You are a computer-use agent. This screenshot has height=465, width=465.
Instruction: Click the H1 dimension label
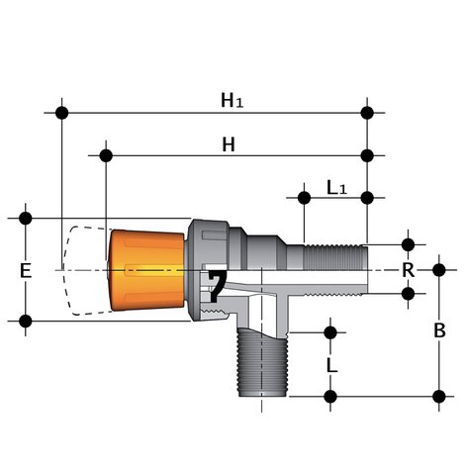pyautogui.click(x=232, y=100)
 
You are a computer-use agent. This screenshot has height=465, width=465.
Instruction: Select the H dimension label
pyautogui.click(x=229, y=144)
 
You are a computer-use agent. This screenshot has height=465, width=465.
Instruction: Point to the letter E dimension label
pyautogui.click(x=26, y=270)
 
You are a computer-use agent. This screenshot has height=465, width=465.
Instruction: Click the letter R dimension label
pyautogui.click(x=407, y=269)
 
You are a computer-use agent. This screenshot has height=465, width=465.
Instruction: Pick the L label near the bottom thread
pyautogui.click(x=332, y=365)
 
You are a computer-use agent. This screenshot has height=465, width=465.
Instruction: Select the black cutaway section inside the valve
pyautogui.click(x=217, y=285)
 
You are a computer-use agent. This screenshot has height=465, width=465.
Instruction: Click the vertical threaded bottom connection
pyautogui.click(x=259, y=366)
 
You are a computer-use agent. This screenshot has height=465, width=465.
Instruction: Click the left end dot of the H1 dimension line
pyautogui.click(x=61, y=112)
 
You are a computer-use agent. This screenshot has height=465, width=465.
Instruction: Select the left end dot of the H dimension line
pyautogui.click(x=105, y=155)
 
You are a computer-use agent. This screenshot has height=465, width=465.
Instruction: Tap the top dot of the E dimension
pyautogui.click(x=26, y=218)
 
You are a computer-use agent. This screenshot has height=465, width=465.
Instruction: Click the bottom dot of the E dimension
pyautogui.click(x=26, y=321)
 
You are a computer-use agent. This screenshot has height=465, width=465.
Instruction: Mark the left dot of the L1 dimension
pyautogui.click(x=303, y=198)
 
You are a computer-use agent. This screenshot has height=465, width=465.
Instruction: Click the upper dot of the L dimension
pyautogui.click(x=330, y=331)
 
